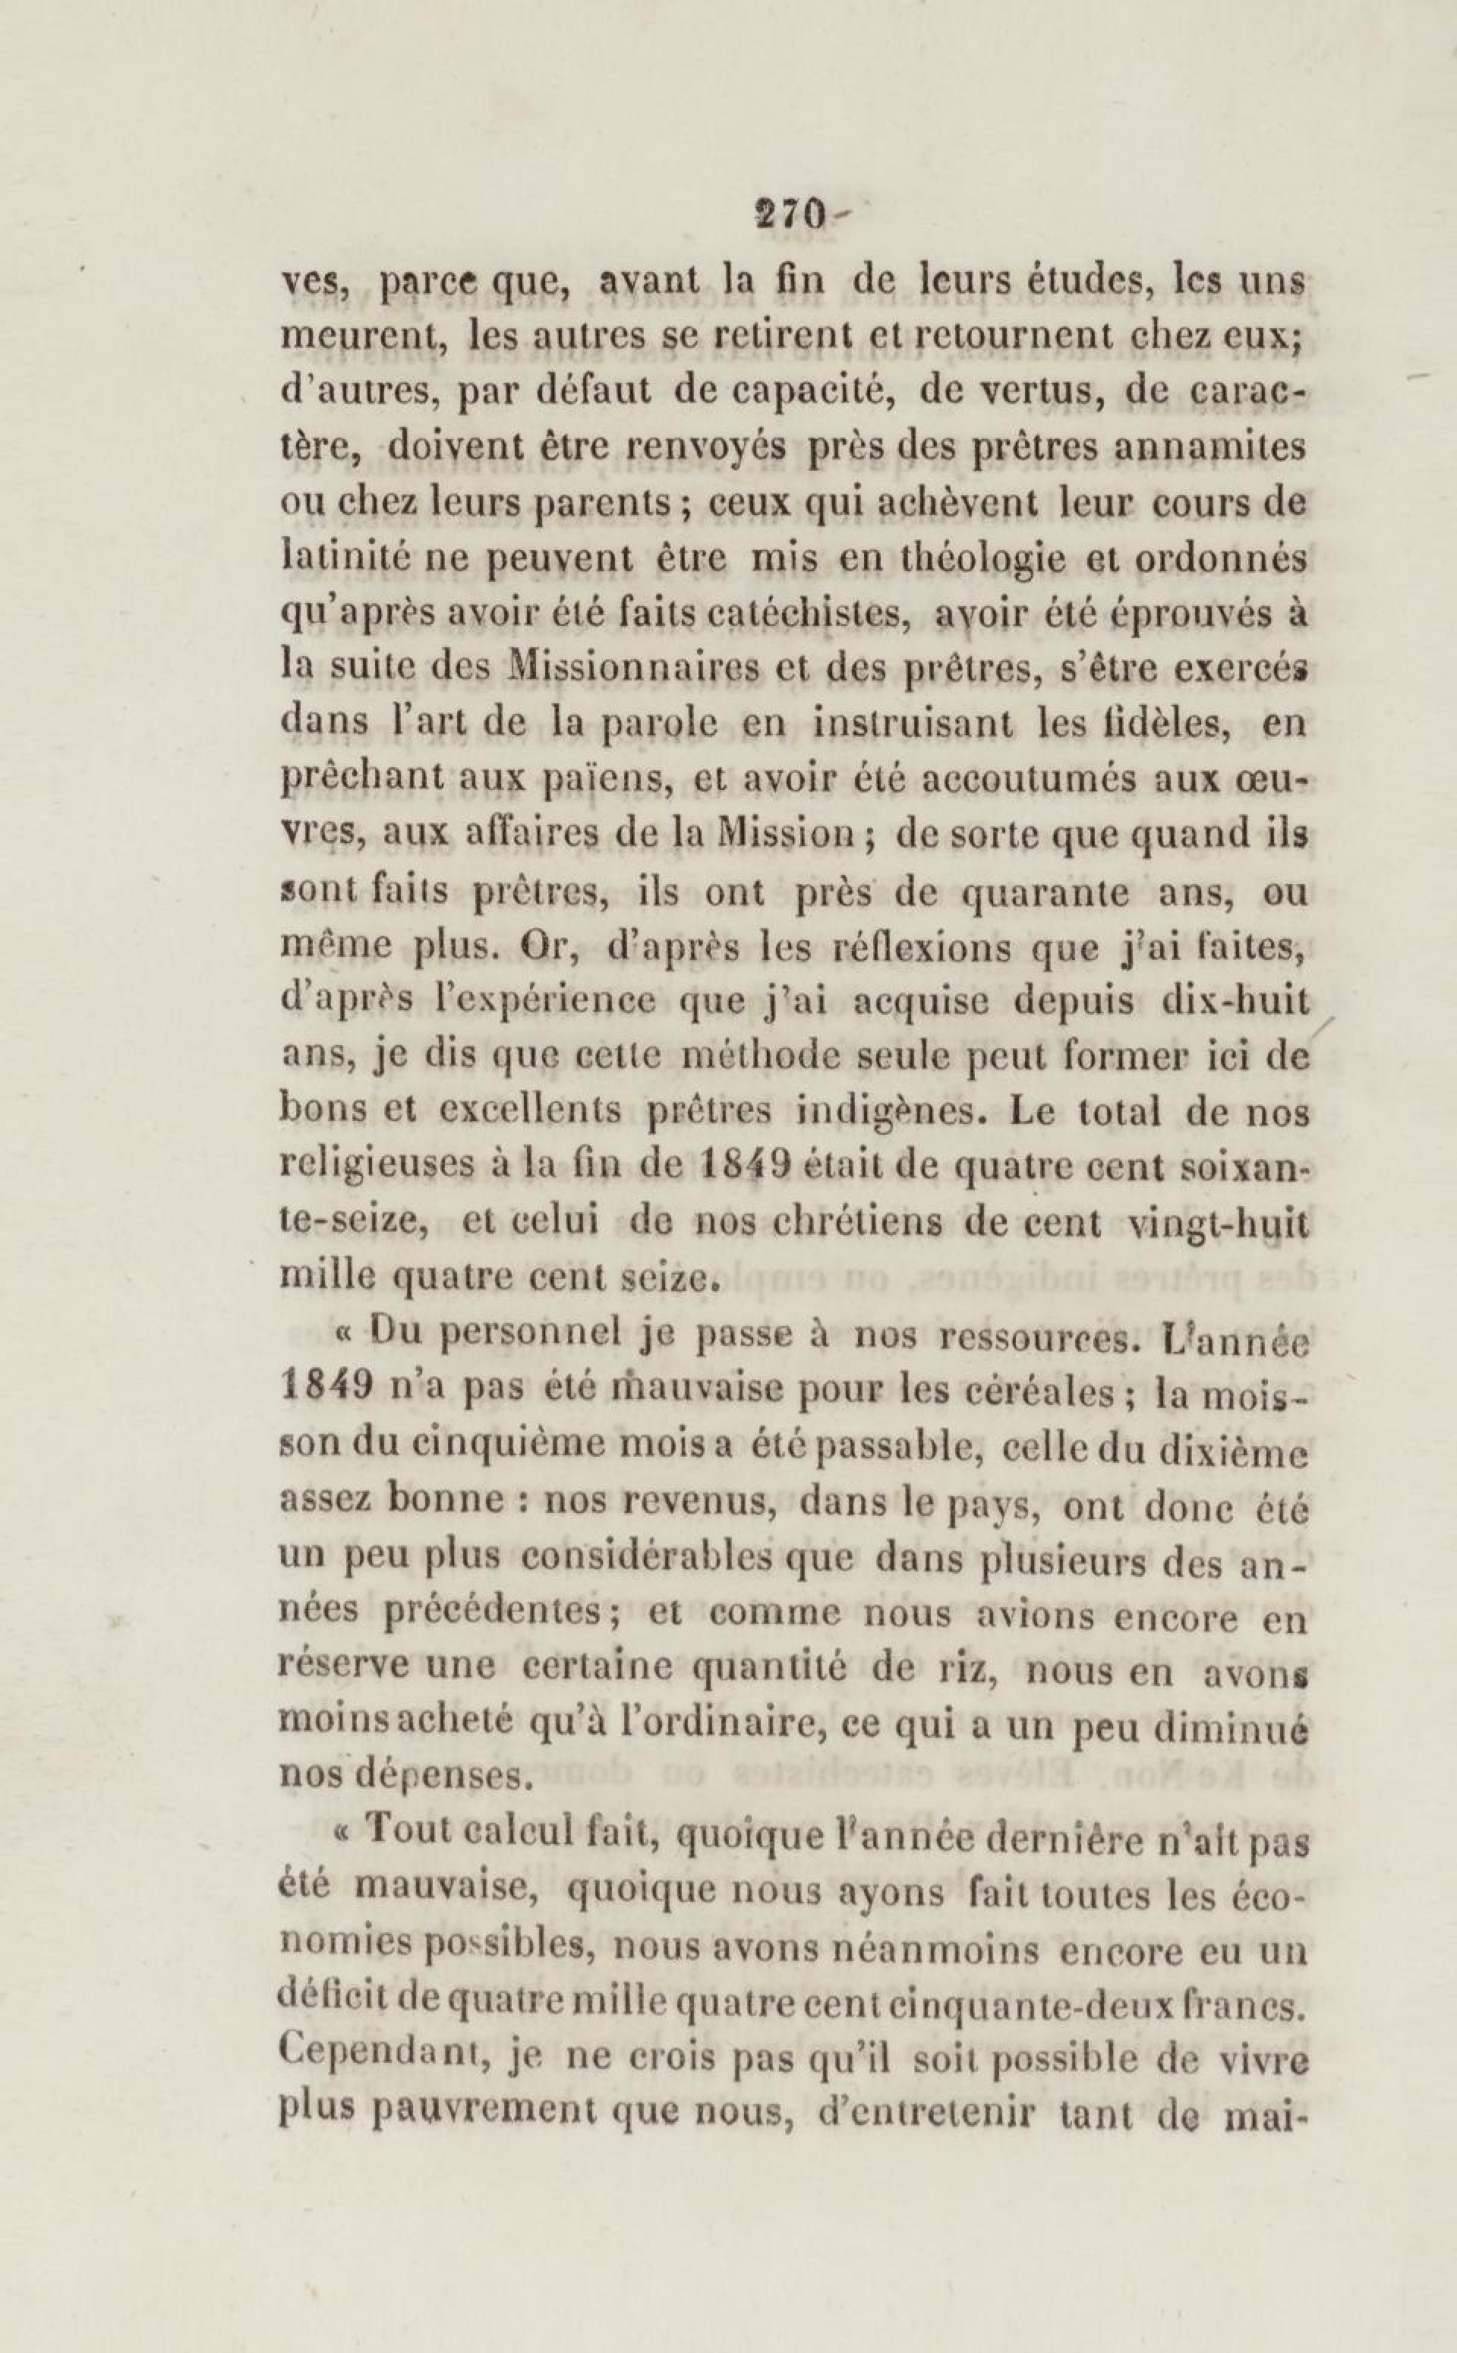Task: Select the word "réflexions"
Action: coord(919,950)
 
